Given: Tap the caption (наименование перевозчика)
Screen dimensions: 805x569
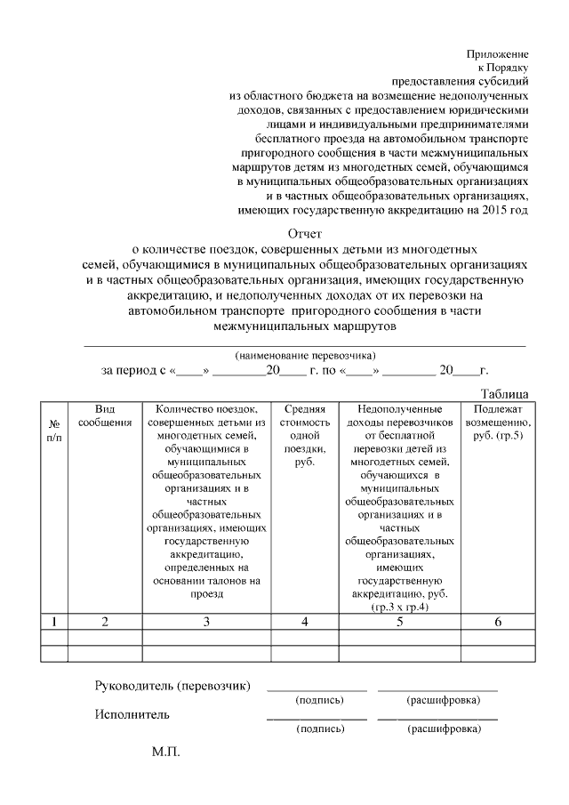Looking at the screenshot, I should [300, 354].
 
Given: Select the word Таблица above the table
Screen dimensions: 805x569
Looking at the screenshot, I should [505, 393].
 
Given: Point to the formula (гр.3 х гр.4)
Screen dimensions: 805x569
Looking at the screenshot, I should [400, 607].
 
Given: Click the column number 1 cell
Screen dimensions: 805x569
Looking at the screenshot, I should [54, 622].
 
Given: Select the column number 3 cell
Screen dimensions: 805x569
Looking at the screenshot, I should [205, 622].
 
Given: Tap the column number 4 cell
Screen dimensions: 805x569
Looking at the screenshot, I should [304, 622].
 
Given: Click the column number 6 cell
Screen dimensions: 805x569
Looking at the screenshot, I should [498, 622].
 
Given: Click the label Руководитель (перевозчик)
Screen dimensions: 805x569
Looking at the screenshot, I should [172, 686].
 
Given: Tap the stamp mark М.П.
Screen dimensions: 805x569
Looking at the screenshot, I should [165, 753].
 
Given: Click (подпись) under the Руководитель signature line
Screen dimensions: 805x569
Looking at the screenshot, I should [318, 700].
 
